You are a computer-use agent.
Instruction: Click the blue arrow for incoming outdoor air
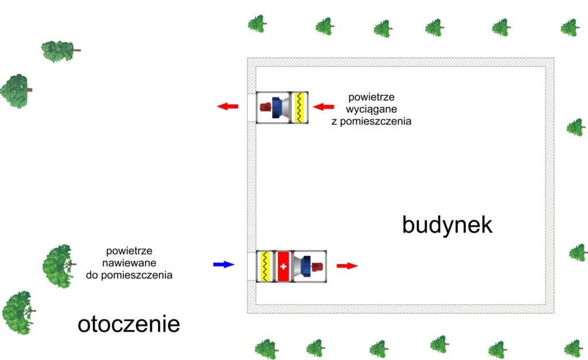coord(224,265)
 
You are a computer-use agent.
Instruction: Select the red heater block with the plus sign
coord(283,266)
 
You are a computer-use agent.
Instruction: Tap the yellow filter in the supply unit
coord(265,266)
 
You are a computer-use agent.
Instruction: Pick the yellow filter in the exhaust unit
coord(299,107)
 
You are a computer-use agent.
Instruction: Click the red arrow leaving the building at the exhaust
coord(227,106)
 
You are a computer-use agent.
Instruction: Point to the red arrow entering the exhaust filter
coord(323,106)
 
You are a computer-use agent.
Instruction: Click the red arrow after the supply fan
coord(347,266)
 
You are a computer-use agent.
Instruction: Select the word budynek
coord(447,224)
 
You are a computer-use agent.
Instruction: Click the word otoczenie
coord(129,324)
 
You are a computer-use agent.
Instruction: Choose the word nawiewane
coord(130,263)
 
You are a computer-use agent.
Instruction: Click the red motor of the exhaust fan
coord(265,107)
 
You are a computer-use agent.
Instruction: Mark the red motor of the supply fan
coord(316,266)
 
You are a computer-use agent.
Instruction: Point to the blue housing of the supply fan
coord(305,266)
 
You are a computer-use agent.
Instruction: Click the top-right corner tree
coord(569,27)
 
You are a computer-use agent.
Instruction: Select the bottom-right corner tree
coord(572,348)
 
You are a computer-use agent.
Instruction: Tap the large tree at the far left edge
coord(15,90)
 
